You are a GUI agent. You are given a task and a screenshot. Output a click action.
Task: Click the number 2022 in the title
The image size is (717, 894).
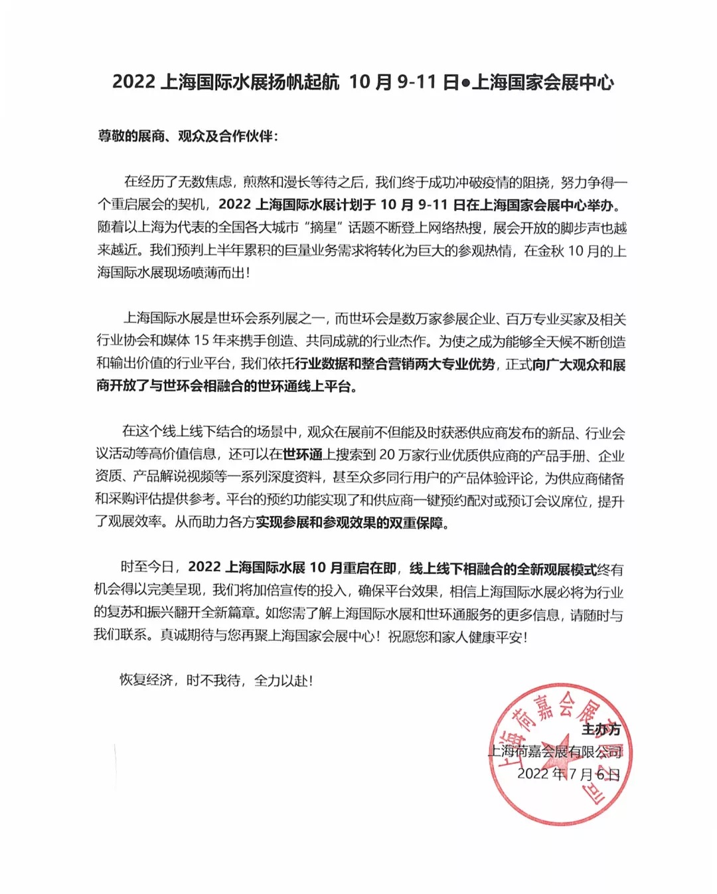[133, 82]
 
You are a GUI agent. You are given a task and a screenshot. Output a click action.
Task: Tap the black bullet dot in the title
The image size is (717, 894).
[465, 83]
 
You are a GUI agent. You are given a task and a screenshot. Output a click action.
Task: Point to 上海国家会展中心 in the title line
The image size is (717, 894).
[542, 82]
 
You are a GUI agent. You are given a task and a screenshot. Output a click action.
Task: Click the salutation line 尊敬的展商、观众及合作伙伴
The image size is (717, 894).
[188, 136]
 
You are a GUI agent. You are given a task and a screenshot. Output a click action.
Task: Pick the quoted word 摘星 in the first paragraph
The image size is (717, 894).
[323, 228]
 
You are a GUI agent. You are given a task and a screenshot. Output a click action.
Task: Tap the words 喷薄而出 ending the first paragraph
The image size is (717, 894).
[218, 272]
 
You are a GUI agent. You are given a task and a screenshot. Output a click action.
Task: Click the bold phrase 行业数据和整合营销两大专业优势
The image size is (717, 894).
[394, 365]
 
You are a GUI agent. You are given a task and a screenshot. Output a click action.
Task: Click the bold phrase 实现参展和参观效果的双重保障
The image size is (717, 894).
[349, 523]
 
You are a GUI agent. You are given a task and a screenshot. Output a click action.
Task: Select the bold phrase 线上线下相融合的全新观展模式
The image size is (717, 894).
[503, 569]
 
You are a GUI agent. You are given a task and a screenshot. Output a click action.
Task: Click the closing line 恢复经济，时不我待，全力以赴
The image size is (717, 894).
[215, 680]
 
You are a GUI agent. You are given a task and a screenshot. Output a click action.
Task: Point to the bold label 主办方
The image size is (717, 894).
[601, 729]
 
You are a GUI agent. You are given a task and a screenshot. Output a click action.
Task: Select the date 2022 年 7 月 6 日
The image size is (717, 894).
[568, 774]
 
